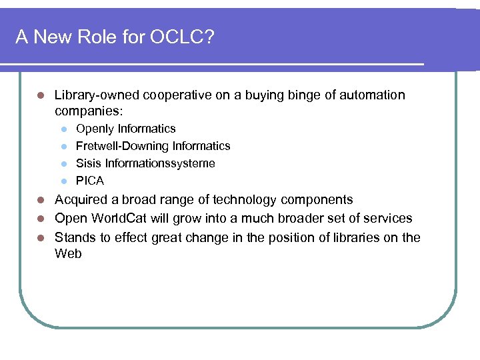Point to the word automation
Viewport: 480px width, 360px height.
pyautogui.click(x=373, y=95)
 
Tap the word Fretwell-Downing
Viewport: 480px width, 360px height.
pyautogui.click(x=122, y=146)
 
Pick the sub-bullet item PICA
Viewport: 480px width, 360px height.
pyautogui.click(x=90, y=181)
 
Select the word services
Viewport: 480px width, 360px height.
pyautogui.click(x=387, y=219)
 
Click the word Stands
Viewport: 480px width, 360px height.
pyautogui.click(x=73, y=237)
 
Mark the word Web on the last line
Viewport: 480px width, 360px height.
pyautogui.click(x=68, y=253)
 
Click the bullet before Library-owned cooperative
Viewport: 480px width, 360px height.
pyautogui.click(x=41, y=95)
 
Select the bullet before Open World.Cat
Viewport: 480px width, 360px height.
pyautogui.click(x=41, y=219)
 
